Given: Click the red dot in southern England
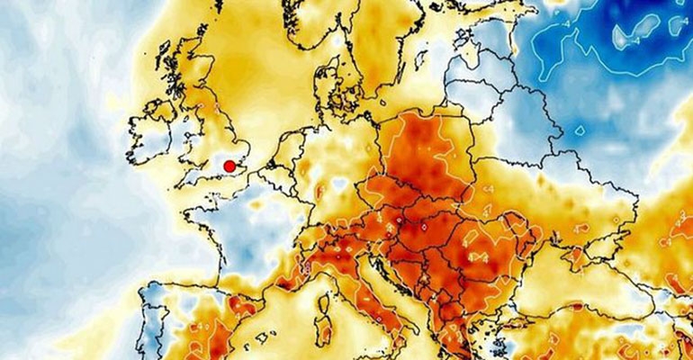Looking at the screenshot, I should point(229,166).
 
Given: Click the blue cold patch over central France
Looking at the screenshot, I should point(256,225).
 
